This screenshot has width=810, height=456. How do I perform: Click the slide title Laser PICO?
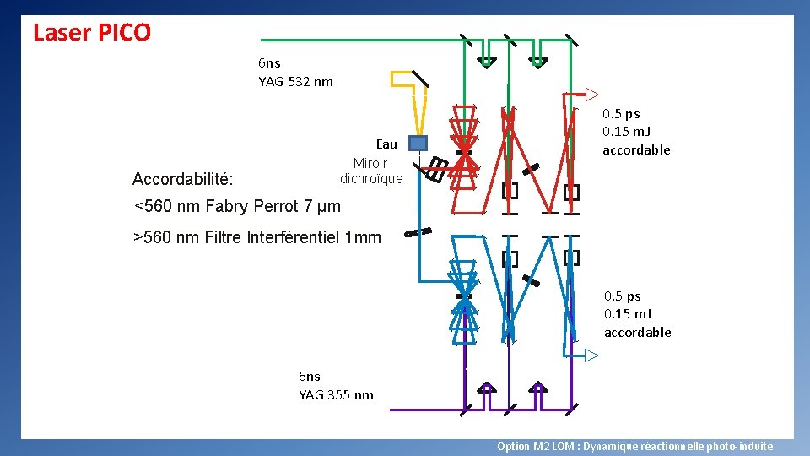91,33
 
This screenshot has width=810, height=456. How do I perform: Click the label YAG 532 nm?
295,82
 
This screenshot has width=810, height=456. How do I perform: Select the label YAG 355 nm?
336,395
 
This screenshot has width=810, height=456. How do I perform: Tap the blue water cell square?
418,143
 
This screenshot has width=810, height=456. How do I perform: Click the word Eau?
386,144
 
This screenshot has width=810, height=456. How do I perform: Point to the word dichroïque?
371,179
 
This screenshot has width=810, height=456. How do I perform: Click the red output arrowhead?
592,94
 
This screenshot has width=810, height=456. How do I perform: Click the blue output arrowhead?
592,356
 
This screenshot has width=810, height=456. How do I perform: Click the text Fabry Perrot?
251,206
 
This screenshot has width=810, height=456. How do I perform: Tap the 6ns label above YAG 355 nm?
310,377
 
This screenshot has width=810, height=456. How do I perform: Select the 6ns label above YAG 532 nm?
269,63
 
